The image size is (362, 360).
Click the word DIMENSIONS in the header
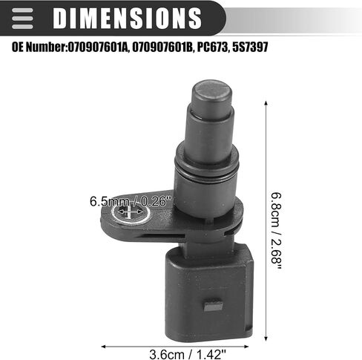pyautogui.click(x=127, y=18)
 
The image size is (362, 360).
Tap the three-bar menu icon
pyautogui.click(x=22, y=19)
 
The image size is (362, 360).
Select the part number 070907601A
pyautogui.click(x=98, y=47)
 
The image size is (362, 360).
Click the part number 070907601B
pyautogui.click(x=162, y=47)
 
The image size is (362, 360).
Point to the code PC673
pyautogui.click(x=212, y=47)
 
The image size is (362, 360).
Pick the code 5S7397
pyautogui.click(x=250, y=47)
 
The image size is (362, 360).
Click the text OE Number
pyautogui.click(x=39, y=47)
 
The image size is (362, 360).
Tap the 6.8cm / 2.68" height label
pyautogui.click(x=276, y=231)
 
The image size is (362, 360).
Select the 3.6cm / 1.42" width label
pyautogui.click(x=188, y=354)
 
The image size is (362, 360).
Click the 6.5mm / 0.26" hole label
pyautogui.click(x=131, y=201)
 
